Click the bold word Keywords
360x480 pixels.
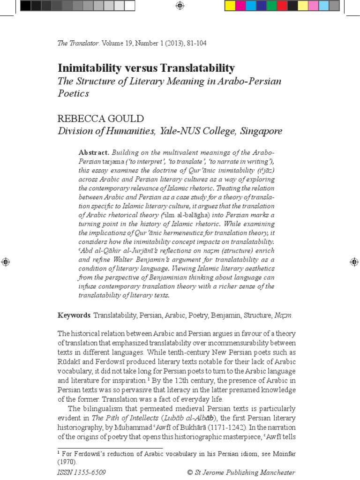tap(74, 315)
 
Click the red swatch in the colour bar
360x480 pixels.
tap(282, 6)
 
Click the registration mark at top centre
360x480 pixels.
tap(180, 6)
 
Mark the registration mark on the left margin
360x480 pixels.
tap(6, 262)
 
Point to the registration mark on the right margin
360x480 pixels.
tap(354, 262)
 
